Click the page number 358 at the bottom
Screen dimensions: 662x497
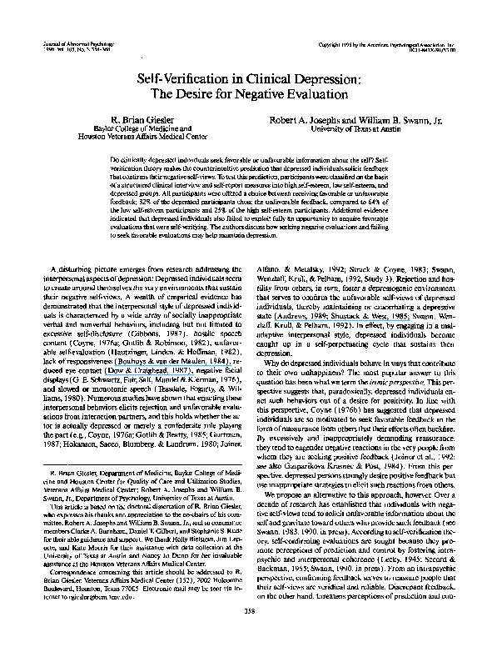point(248,631)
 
